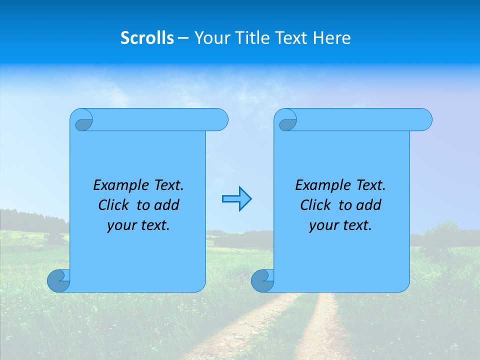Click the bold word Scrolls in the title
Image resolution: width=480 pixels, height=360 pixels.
147,38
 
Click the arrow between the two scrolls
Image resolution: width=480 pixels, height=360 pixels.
236,198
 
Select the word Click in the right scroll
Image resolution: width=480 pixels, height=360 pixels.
315,205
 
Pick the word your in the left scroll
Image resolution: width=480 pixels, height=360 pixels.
120,225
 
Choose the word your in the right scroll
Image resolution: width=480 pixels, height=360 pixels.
322,225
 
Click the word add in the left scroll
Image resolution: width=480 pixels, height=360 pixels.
167,205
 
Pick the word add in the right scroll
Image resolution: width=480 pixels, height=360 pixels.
369,205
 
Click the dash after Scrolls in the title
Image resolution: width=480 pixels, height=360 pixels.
183,38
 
